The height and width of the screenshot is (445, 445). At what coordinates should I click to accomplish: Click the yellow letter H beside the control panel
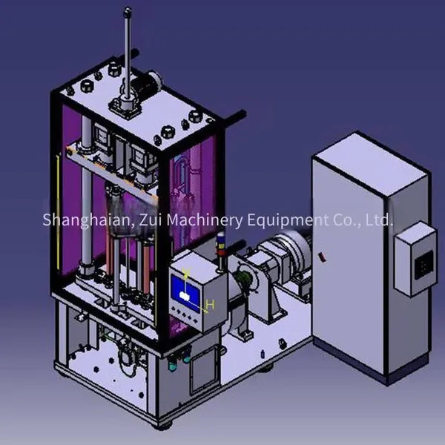click(x=211, y=305)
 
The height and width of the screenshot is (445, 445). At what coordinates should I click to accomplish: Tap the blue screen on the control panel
click(x=185, y=292)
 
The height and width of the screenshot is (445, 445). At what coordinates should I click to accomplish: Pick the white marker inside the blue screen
click(x=185, y=296)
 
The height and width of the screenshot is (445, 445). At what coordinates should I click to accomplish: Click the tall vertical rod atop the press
click(x=128, y=54)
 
